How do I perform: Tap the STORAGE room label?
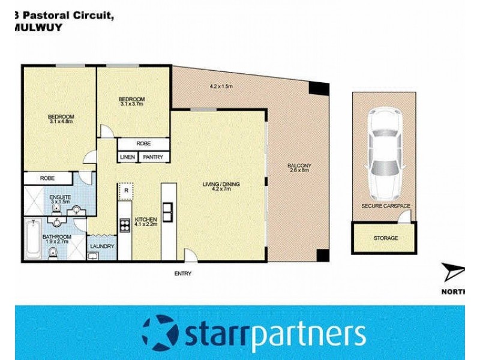[x=385, y=238]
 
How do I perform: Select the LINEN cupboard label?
[x=127, y=157]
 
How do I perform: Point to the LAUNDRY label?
[x=101, y=246]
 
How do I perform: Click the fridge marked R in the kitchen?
[x=125, y=190]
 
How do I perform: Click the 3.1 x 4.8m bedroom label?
[x=61, y=119]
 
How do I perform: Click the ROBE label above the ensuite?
[x=47, y=178]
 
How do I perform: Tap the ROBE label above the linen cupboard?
[x=143, y=144]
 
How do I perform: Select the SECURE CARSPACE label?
[x=385, y=206]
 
